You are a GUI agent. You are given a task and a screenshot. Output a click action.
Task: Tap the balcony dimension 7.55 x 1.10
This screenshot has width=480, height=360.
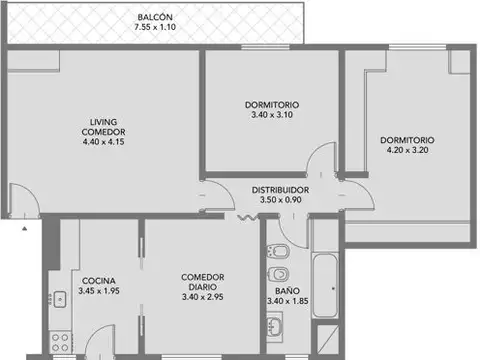tap(155, 29)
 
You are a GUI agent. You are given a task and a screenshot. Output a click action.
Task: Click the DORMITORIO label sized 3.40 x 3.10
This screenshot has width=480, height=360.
tap(271, 105)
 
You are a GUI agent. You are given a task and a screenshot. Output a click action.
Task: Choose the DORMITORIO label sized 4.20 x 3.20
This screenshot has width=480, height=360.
tap(406, 140)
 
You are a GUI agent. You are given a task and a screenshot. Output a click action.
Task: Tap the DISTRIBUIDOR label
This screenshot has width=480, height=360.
tap(279, 189)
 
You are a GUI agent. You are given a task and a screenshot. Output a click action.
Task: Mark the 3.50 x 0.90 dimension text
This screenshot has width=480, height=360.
tap(280, 200)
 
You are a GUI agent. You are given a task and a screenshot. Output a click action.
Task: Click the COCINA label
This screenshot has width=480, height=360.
tap(97, 281)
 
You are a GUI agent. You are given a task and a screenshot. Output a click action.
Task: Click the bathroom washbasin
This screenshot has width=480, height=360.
tap(275, 324)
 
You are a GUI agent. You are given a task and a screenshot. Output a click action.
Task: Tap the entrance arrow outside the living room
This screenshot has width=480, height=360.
tap(24, 228)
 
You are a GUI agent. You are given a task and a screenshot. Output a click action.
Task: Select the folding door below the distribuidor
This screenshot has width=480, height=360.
tap(244, 216)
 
